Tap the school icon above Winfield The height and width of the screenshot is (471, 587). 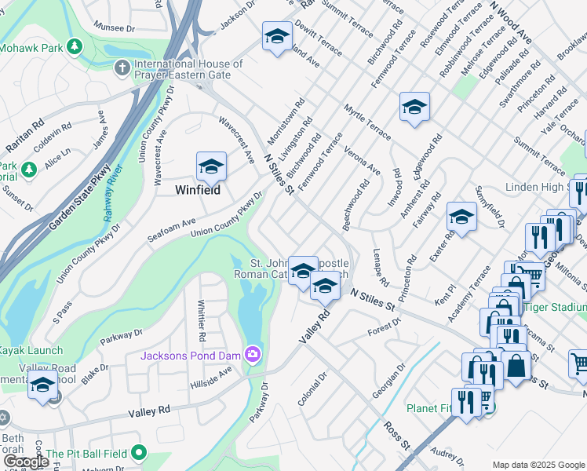[210, 166]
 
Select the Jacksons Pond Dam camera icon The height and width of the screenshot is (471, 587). [253, 355]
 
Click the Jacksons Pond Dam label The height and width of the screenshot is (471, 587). [191, 356]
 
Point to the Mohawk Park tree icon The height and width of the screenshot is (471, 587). [75, 47]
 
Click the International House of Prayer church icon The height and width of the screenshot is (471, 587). [122, 69]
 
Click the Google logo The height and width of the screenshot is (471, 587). [25, 462]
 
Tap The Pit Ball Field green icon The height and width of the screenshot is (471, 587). [139, 453]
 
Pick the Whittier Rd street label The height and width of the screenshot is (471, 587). [202, 321]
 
